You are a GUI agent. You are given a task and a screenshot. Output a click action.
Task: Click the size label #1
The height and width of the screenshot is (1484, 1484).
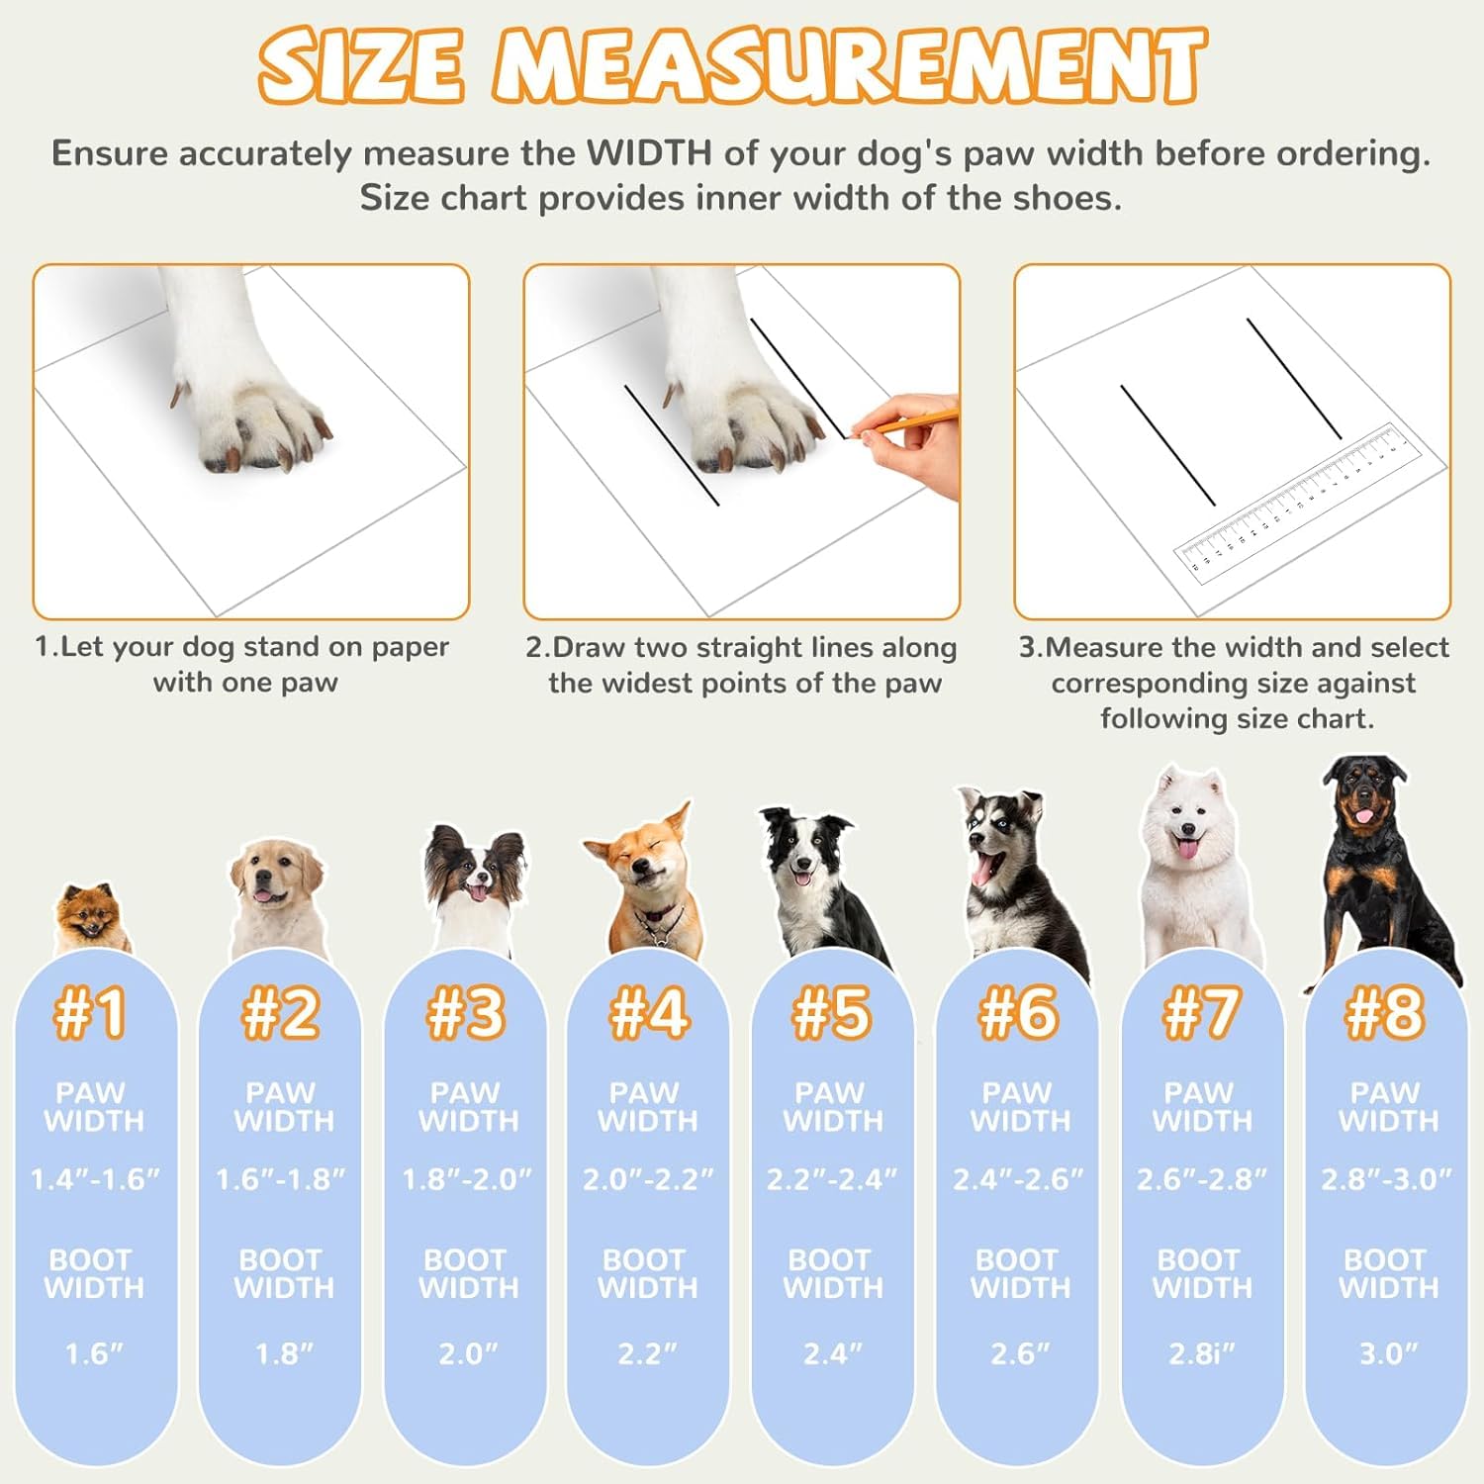[x=91, y=1013]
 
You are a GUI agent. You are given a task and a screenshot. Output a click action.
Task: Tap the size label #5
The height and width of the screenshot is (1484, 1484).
[x=832, y=1013]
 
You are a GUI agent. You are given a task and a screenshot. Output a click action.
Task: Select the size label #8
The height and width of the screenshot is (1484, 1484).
[x=1385, y=1013]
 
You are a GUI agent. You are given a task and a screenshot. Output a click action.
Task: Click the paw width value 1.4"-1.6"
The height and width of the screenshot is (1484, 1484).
[x=95, y=1179]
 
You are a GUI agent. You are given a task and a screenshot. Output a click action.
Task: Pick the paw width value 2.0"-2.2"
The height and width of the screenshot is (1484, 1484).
[x=648, y=1179]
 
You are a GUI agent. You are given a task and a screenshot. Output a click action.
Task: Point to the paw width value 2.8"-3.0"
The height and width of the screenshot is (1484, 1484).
[x=1386, y=1179]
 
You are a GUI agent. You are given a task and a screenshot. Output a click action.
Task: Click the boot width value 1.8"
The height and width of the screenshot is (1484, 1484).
[x=284, y=1353]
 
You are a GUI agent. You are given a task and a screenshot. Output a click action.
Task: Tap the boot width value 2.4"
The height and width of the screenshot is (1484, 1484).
[x=832, y=1353]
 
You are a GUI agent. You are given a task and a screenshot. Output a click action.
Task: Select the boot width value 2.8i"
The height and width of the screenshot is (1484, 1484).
[x=1202, y=1353]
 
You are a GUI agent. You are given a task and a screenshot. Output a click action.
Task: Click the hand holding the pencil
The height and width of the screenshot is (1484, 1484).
[x=915, y=440]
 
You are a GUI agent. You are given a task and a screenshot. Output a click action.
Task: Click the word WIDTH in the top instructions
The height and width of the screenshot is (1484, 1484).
[x=649, y=154]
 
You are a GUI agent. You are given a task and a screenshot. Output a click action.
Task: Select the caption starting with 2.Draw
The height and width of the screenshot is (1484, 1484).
[x=742, y=665]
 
